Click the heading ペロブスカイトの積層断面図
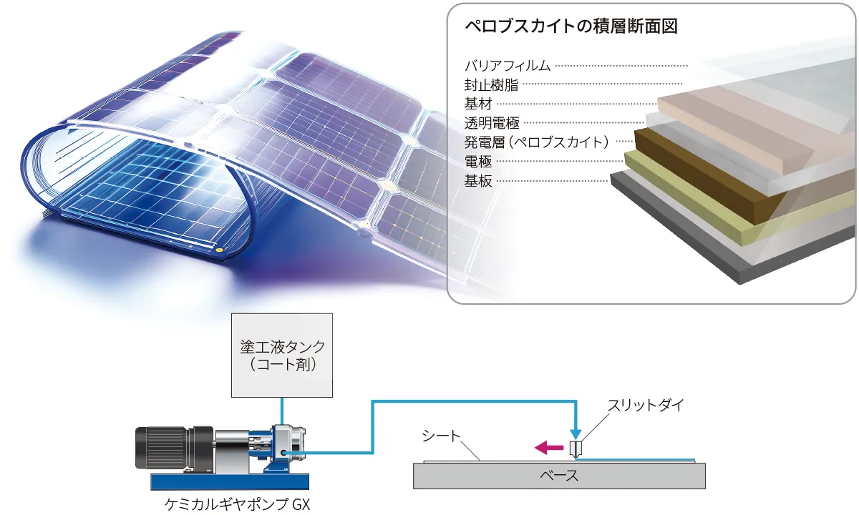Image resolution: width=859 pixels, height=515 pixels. coord(571,27)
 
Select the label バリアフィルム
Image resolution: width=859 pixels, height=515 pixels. coord(508,66)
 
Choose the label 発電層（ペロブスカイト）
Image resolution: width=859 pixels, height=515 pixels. coord(537,142)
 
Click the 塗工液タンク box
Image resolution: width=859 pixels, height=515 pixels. coord(282,355)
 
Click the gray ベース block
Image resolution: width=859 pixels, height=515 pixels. coord(558,476)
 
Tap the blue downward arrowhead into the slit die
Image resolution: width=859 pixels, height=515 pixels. coord(576,433)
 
